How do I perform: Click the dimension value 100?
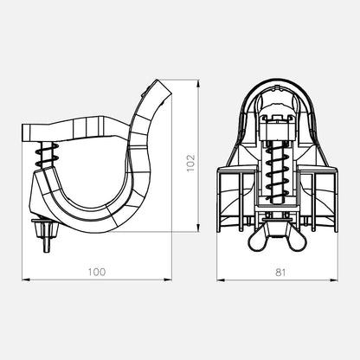pyautogui.click(x=97, y=272)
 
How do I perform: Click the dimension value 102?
pyautogui.click(x=191, y=164)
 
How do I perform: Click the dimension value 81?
pyautogui.click(x=280, y=272)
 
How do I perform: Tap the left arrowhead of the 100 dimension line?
pyautogui.click(x=26, y=280)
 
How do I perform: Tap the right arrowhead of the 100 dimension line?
pyautogui.click(x=168, y=280)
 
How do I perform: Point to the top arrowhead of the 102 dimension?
pyautogui.click(x=198, y=84)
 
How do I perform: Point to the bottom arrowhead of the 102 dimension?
pyautogui.click(x=198, y=227)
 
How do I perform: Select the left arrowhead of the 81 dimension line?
pyautogui.click(x=221, y=280)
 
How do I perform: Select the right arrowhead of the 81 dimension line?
pyautogui.click(x=334, y=280)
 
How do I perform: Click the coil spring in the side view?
pyautogui.click(x=47, y=155)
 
